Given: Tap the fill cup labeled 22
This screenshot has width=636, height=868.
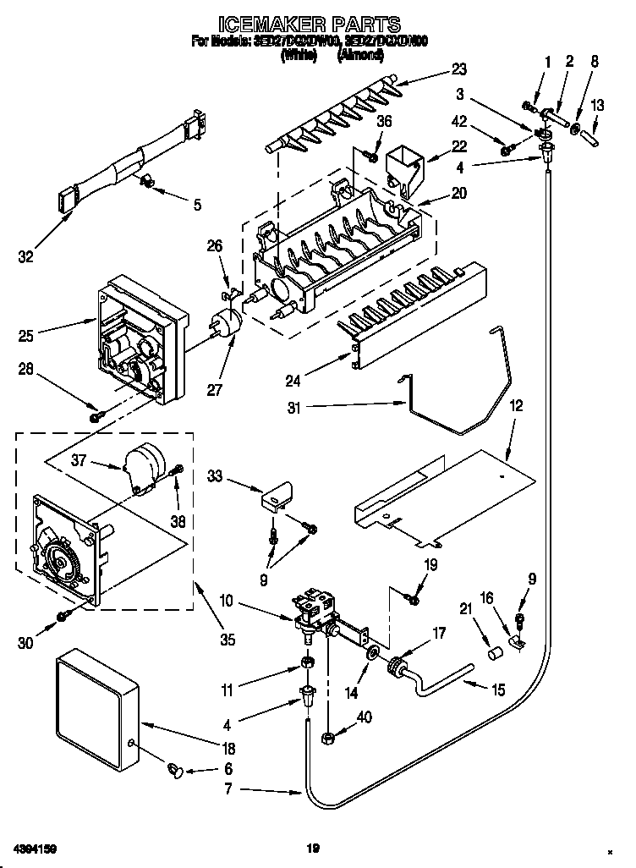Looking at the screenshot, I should click(x=404, y=168).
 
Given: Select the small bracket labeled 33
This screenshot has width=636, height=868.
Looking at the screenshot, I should click(x=276, y=497).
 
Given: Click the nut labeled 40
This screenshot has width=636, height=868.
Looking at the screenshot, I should click(x=326, y=739).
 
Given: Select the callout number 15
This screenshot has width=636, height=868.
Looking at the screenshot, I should click(x=498, y=690).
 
